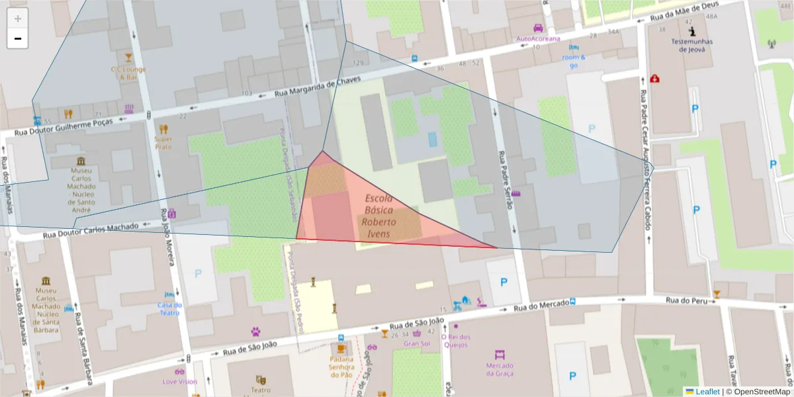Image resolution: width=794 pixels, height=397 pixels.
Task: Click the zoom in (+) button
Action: (x=18, y=19)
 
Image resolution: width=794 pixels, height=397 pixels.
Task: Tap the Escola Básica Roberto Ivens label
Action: (x=379, y=216)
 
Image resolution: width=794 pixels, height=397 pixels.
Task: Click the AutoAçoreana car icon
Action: (x=538, y=28)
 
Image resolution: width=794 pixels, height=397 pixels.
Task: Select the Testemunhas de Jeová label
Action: (x=691, y=44)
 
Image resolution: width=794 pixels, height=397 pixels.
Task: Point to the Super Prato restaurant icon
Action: (x=163, y=129)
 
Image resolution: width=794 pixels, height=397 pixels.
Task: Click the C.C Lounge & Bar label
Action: (x=128, y=73)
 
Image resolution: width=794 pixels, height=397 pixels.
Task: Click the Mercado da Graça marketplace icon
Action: (x=500, y=355)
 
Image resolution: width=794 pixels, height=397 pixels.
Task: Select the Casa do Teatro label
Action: (x=169, y=309)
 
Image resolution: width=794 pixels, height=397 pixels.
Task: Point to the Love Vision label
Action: (x=179, y=382)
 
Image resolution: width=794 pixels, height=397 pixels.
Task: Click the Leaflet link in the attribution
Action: (x=707, y=392)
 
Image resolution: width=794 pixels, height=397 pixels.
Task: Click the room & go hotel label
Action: (x=574, y=61)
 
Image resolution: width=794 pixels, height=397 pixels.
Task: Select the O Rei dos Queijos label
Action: (x=455, y=340)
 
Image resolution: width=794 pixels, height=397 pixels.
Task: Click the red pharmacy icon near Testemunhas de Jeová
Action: (x=654, y=78)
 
